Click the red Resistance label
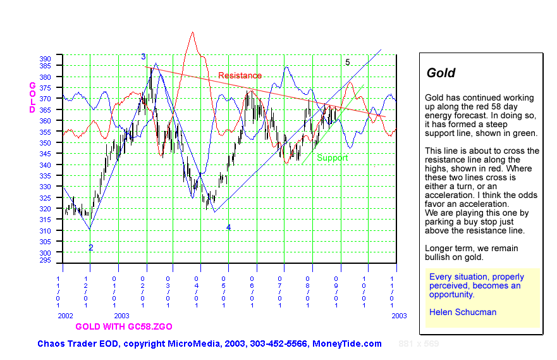point(240,76)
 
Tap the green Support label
point(333,158)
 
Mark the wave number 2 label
point(90,248)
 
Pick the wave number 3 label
point(144,57)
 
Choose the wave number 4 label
point(228,227)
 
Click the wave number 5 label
point(347,62)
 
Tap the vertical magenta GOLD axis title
point(33,97)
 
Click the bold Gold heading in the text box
point(441,73)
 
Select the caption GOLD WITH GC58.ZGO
point(123,326)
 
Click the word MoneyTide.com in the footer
point(347,344)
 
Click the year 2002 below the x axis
point(66,315)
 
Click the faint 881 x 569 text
point(418,344)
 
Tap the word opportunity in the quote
point(451,294)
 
